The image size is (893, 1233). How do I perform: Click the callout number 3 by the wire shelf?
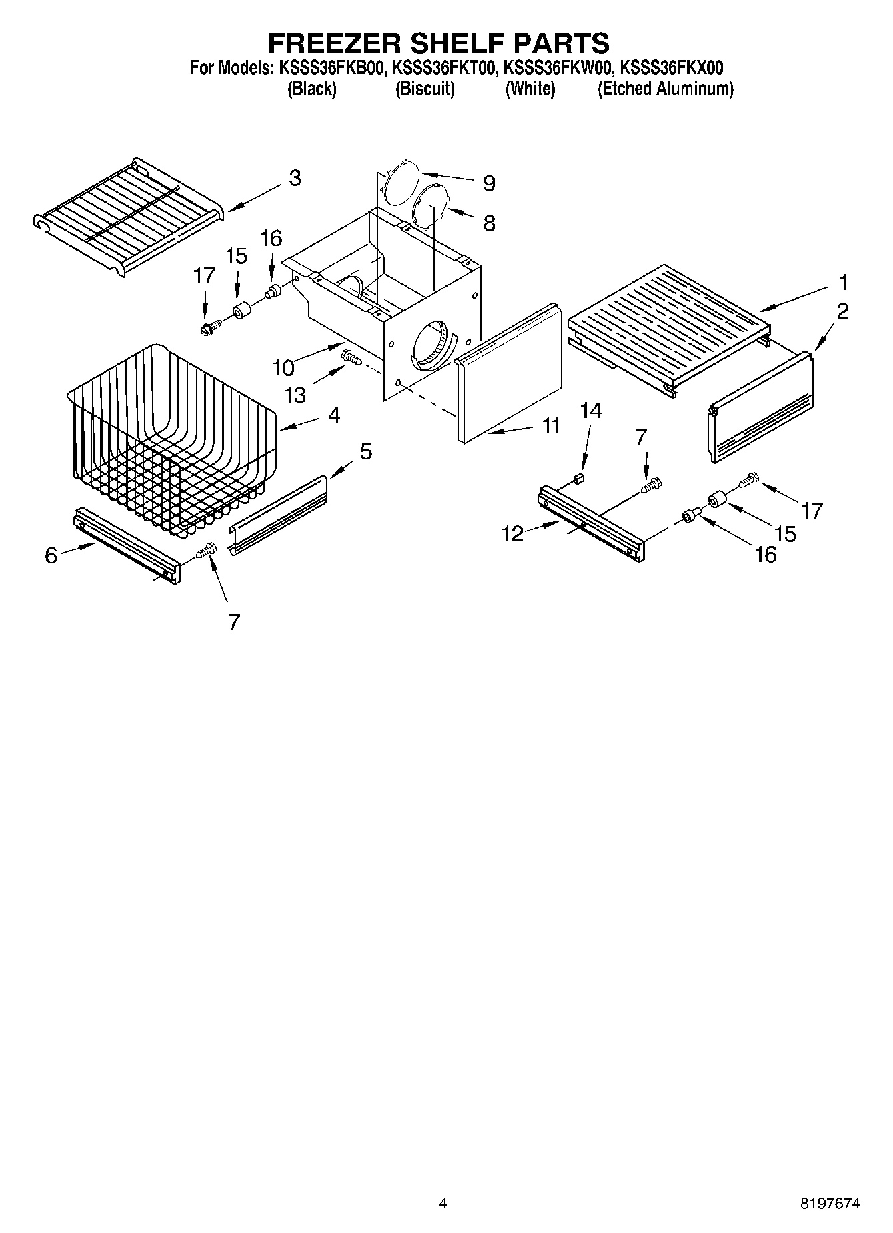[x=294, y=178]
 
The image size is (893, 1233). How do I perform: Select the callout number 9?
[x=489, y=183]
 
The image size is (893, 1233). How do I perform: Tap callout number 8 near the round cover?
[x=489, y=223]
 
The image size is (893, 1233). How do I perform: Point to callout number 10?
[x=283, y=367]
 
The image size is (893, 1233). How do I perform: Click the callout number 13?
[x=295, y=395]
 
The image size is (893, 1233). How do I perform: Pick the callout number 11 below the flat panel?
[x=550, y=425]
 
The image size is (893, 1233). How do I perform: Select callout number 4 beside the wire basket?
[x=334, y=415]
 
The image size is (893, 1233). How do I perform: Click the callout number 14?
[x=591, y=411]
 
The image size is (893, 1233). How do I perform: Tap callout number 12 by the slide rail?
[x=513, y=533]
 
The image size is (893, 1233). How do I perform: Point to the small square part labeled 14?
[x=580, y=477]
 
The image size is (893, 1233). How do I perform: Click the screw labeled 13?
[x=351, y=358]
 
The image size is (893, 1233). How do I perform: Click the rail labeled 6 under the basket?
[x=125, y=543]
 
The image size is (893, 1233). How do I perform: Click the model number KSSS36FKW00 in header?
[x=556, y=67]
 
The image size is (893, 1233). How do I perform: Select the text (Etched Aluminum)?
[x=665, y=89]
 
